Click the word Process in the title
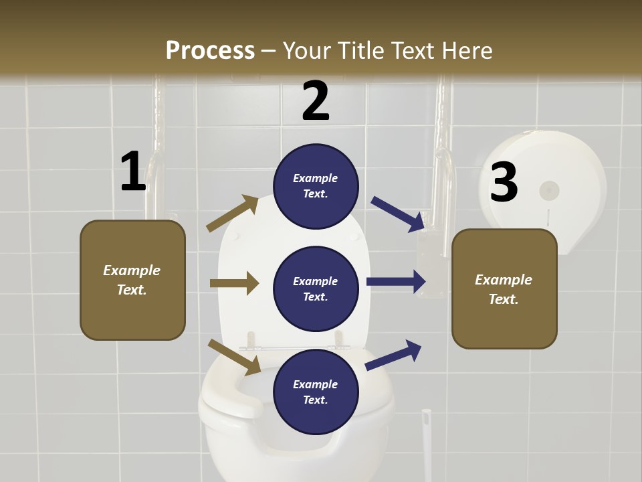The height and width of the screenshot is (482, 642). tap(210, 50)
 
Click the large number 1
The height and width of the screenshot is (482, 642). tap(132, 171)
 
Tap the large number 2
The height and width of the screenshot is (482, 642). tap(316, 101)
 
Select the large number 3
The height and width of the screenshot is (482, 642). tap(504, 182)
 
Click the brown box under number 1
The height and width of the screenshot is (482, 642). tap(132, 280)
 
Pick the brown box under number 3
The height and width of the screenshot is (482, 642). tap(504, 289)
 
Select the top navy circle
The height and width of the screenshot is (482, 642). tap(316, 185)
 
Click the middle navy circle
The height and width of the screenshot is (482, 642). tap(316, 289)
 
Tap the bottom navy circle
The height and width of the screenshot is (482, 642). tap(316, 392)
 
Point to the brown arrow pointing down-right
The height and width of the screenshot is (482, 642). tap(234, 356)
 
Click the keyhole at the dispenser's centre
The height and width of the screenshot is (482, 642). tap(549, 191)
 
